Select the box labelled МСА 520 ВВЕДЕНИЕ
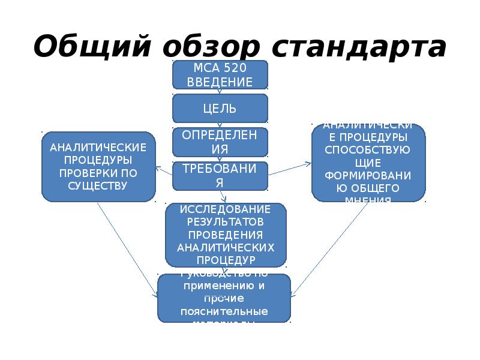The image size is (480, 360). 220,74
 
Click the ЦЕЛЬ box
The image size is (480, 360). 220,109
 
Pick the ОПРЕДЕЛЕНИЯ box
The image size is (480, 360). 220,142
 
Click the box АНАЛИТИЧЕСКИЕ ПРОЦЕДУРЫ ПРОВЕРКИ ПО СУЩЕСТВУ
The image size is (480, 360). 98,166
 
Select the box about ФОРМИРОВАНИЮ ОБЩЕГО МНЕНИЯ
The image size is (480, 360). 368,163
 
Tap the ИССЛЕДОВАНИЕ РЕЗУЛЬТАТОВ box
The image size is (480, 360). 225,235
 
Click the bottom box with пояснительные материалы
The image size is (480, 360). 224,298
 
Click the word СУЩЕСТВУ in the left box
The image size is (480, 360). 98,186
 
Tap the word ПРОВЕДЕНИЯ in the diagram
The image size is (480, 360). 225,234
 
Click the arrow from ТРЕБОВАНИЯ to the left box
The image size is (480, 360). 164,171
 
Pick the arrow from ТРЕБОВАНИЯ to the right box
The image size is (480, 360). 290,168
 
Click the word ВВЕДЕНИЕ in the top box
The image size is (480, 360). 220,82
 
